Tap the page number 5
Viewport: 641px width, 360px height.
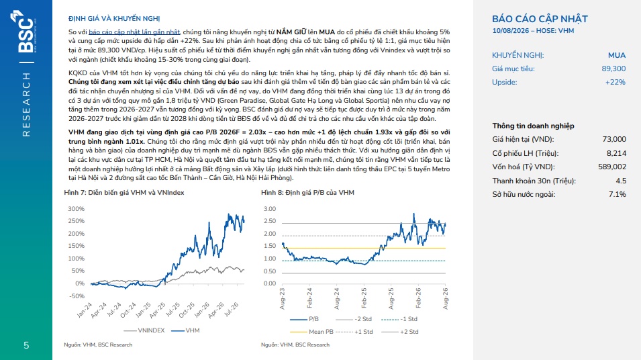pos(26,345)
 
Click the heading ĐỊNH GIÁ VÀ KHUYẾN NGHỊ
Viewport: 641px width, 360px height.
pos(114,19)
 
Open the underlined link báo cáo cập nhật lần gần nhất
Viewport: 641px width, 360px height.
pos(134,32)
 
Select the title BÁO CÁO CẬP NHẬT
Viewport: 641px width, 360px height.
pos(540,19)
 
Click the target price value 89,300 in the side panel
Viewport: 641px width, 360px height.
pos(613,69)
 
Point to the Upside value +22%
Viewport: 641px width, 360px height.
pos(615,82)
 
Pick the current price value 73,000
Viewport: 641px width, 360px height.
pos(614,140)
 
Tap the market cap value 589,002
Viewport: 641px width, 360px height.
pos(612,167)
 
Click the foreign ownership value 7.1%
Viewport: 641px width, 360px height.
pos(618,194)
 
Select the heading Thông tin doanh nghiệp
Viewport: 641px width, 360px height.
pos(533,126)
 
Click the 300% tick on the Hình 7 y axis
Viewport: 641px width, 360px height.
pos(76,209)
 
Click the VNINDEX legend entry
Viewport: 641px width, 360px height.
pos(144,330)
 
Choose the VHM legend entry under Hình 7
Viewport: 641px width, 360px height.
pos(186,330)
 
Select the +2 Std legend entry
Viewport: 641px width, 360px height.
pos(400,332)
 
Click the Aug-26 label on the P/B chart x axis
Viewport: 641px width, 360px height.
pos(445,298)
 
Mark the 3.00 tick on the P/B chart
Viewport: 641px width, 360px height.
pos(270,209)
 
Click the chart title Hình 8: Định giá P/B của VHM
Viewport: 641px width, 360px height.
pos(307,193)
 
